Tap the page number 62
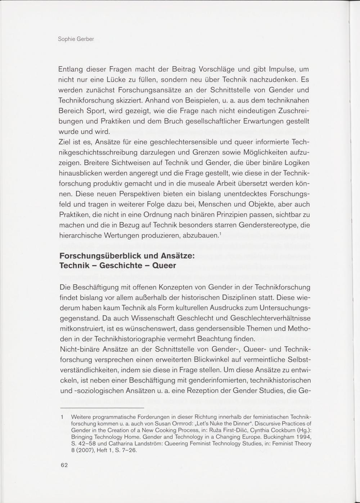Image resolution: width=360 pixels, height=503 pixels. point(64,465)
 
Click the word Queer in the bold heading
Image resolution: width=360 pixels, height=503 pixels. point(164,266)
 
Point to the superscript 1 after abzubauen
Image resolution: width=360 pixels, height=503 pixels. point(220,234)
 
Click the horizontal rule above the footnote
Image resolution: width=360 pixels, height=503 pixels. point(102,408)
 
